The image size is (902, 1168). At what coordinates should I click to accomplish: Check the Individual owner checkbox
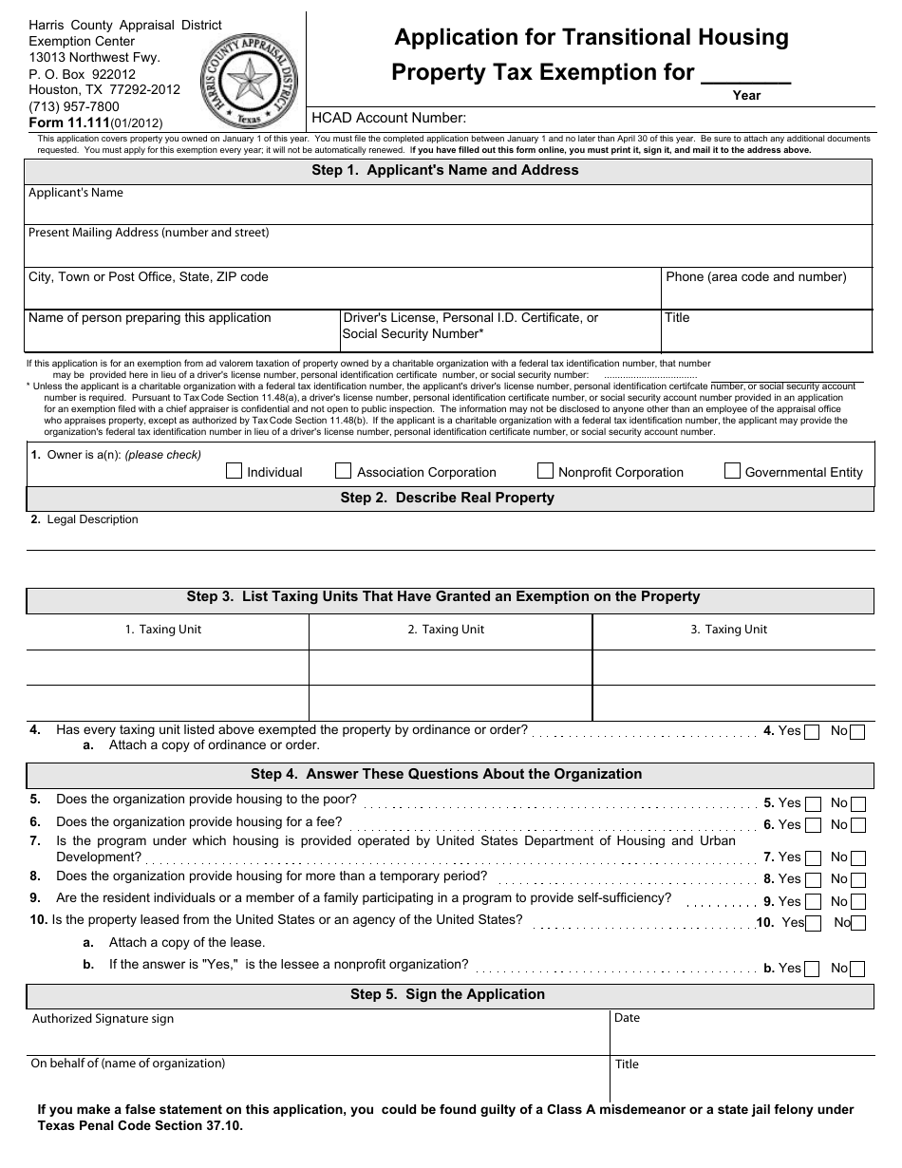[235, 471]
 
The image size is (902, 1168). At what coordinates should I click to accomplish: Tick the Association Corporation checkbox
[343, 471]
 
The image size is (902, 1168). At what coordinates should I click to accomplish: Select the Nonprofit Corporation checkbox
[545, 471]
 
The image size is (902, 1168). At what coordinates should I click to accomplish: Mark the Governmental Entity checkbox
[732, 471]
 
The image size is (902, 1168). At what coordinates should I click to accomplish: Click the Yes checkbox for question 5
[813, 803]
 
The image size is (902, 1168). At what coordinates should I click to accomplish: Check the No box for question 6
[858, 826]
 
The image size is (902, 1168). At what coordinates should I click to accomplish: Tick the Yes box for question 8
[813, 879]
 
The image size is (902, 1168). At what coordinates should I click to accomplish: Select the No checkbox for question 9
[858, 902]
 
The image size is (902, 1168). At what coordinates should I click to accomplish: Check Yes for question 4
[812, 732]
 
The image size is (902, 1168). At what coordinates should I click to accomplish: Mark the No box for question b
[858, 969]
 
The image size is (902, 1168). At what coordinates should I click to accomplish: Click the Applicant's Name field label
[76, 193]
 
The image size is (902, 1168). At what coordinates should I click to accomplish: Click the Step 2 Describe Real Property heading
[447, 498]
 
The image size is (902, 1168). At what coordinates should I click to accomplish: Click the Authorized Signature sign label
[103, 1019]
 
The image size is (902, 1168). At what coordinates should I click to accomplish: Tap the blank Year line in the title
[745, 76]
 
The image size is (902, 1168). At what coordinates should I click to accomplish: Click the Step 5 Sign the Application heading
[447, 994]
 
